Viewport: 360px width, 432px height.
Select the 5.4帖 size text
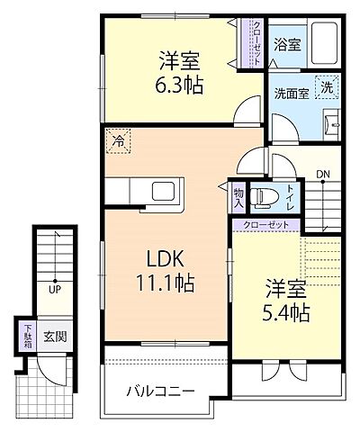click(x=286, y=314)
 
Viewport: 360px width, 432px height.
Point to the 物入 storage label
click(x=238, y=198)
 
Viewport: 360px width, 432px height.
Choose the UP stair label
click(x=55, y=290)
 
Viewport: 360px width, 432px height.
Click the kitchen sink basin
click(x=166, y=191)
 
